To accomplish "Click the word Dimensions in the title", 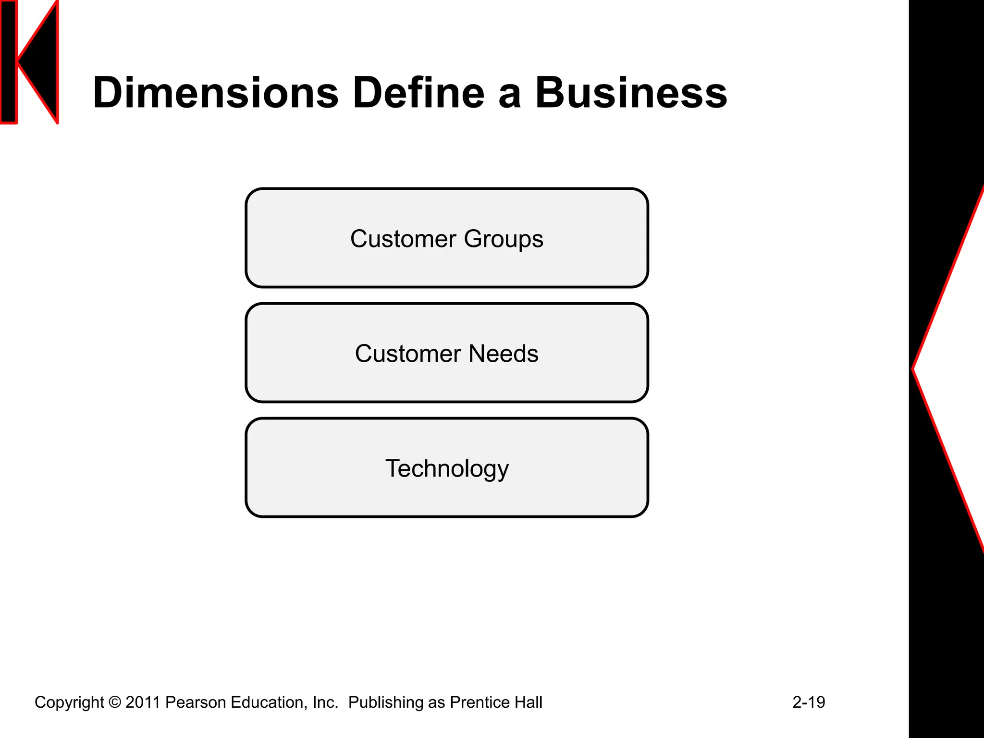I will pos(216,93).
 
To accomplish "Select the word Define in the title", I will pos(418,93).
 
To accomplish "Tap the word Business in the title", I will pos(631,93).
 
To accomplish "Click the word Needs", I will pos(503,354).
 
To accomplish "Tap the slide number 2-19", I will pos(809,702).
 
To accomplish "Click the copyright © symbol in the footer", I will pos(115,702).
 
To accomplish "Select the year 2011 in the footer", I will pos(142,702).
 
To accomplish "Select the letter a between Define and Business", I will pos(510,95).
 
